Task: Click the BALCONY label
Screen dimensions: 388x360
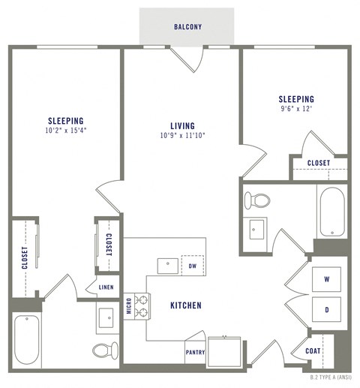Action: tap(187, 27)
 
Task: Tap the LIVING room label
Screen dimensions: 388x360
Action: tap(182, 125)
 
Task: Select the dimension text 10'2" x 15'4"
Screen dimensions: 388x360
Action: tap(65, 131)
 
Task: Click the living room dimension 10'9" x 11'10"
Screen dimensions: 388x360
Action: tap(182, 136)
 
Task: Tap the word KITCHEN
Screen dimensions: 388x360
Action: tap(185, 305)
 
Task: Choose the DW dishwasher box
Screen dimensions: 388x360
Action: tap(192, 266)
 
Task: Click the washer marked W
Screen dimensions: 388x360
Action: tap(326, 278)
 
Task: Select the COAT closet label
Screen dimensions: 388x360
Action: tap(313, 350)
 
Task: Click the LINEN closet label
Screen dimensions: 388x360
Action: tap(105, 287)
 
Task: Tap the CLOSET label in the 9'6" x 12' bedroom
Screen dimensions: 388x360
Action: tap(319, 163)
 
